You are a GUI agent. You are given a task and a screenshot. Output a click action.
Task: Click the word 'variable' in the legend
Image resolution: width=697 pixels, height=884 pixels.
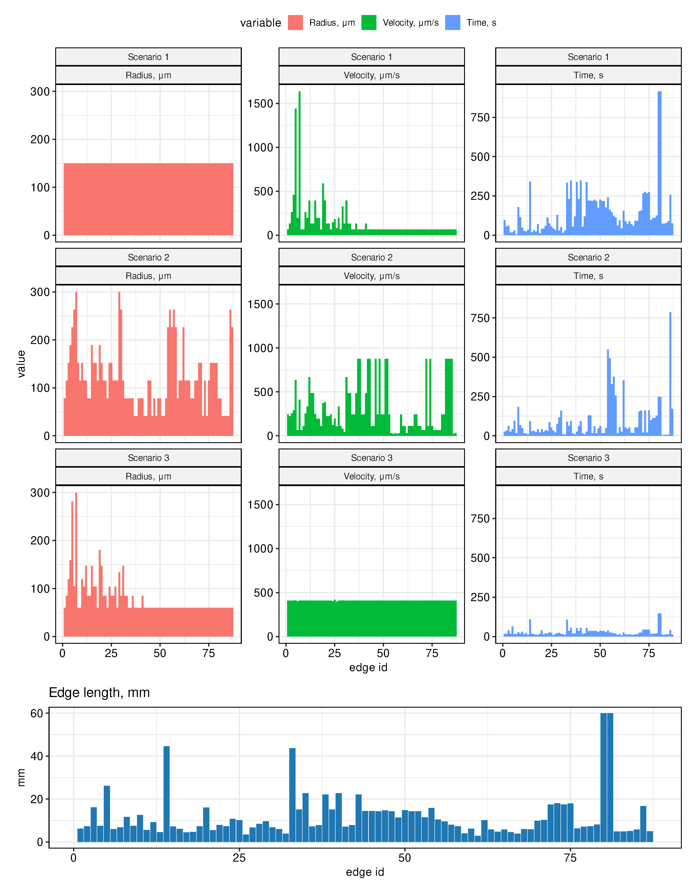click(260, 23)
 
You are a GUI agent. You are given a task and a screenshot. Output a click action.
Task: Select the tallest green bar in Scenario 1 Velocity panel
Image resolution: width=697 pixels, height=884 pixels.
click(299, 163)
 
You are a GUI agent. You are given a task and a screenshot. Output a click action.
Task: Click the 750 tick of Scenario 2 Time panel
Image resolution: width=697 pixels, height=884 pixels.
click(480, 318)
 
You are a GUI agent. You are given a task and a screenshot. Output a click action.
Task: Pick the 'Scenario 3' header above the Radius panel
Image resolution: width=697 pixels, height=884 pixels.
click(148, 458)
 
